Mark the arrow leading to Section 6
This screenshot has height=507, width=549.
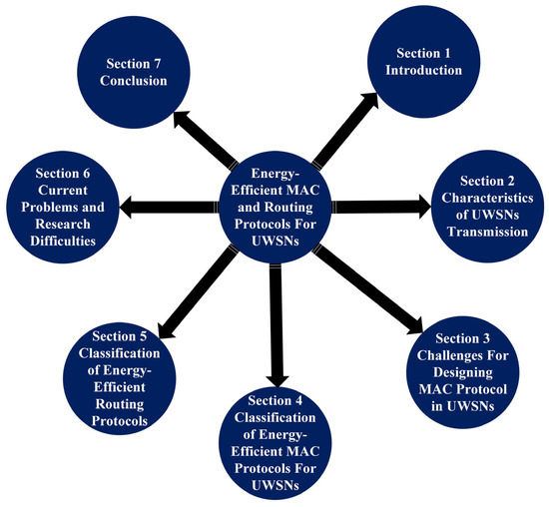click(x=169, y=208)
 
